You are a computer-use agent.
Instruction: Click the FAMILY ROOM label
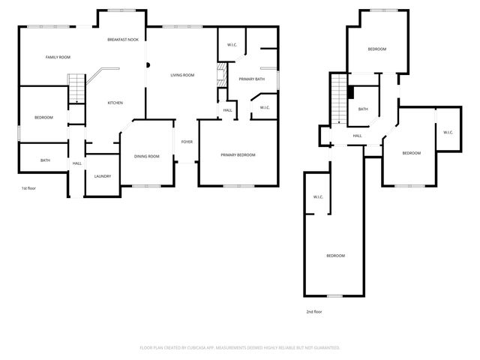(x=58, y=57)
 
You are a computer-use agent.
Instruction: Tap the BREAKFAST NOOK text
(x=123, y=39)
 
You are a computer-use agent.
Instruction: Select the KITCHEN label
(x=115, y=103)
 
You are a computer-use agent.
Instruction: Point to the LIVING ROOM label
(x=182, y=75)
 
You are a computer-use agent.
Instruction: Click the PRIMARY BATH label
(x=252, y=79)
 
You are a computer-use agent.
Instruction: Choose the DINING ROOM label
(x=147, y=156)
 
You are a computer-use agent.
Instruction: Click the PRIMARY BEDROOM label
(x=238, y=154)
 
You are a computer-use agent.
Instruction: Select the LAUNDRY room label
(x=103, y=176)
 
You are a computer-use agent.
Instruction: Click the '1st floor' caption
(x=29, y=188)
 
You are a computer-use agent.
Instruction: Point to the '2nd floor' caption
(x=314, y=311)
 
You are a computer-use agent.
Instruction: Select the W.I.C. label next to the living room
(x=232, y=45)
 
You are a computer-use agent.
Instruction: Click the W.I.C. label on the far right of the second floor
(x=448, y=133)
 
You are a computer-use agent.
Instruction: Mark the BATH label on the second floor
(x=363, y=109)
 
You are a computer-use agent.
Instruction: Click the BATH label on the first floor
(x=45, y=160)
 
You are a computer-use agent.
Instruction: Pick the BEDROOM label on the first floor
(x=43, y=117)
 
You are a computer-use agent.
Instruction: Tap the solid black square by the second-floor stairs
(x=350, y=92)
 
